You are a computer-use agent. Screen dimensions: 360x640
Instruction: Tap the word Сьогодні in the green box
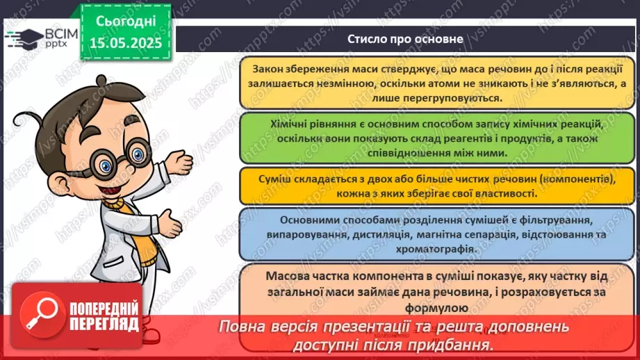126,22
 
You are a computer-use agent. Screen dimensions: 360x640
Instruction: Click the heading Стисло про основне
406,39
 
